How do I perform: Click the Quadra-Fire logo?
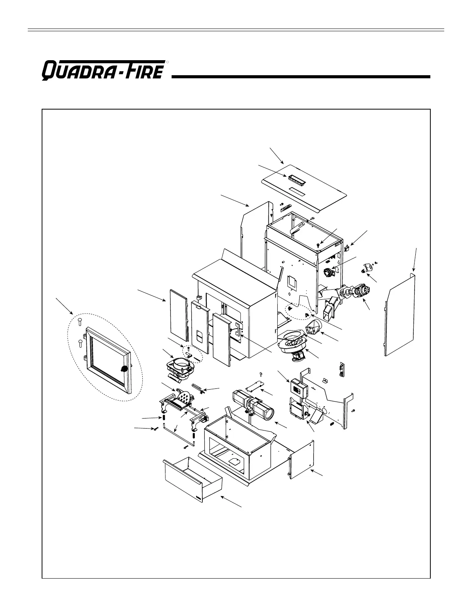click(103, 71)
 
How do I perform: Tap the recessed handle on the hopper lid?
click(295, 180)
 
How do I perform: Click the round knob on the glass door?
click(125, 369)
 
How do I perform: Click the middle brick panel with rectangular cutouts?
click(200, 328)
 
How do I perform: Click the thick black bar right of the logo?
click(301, 77)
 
